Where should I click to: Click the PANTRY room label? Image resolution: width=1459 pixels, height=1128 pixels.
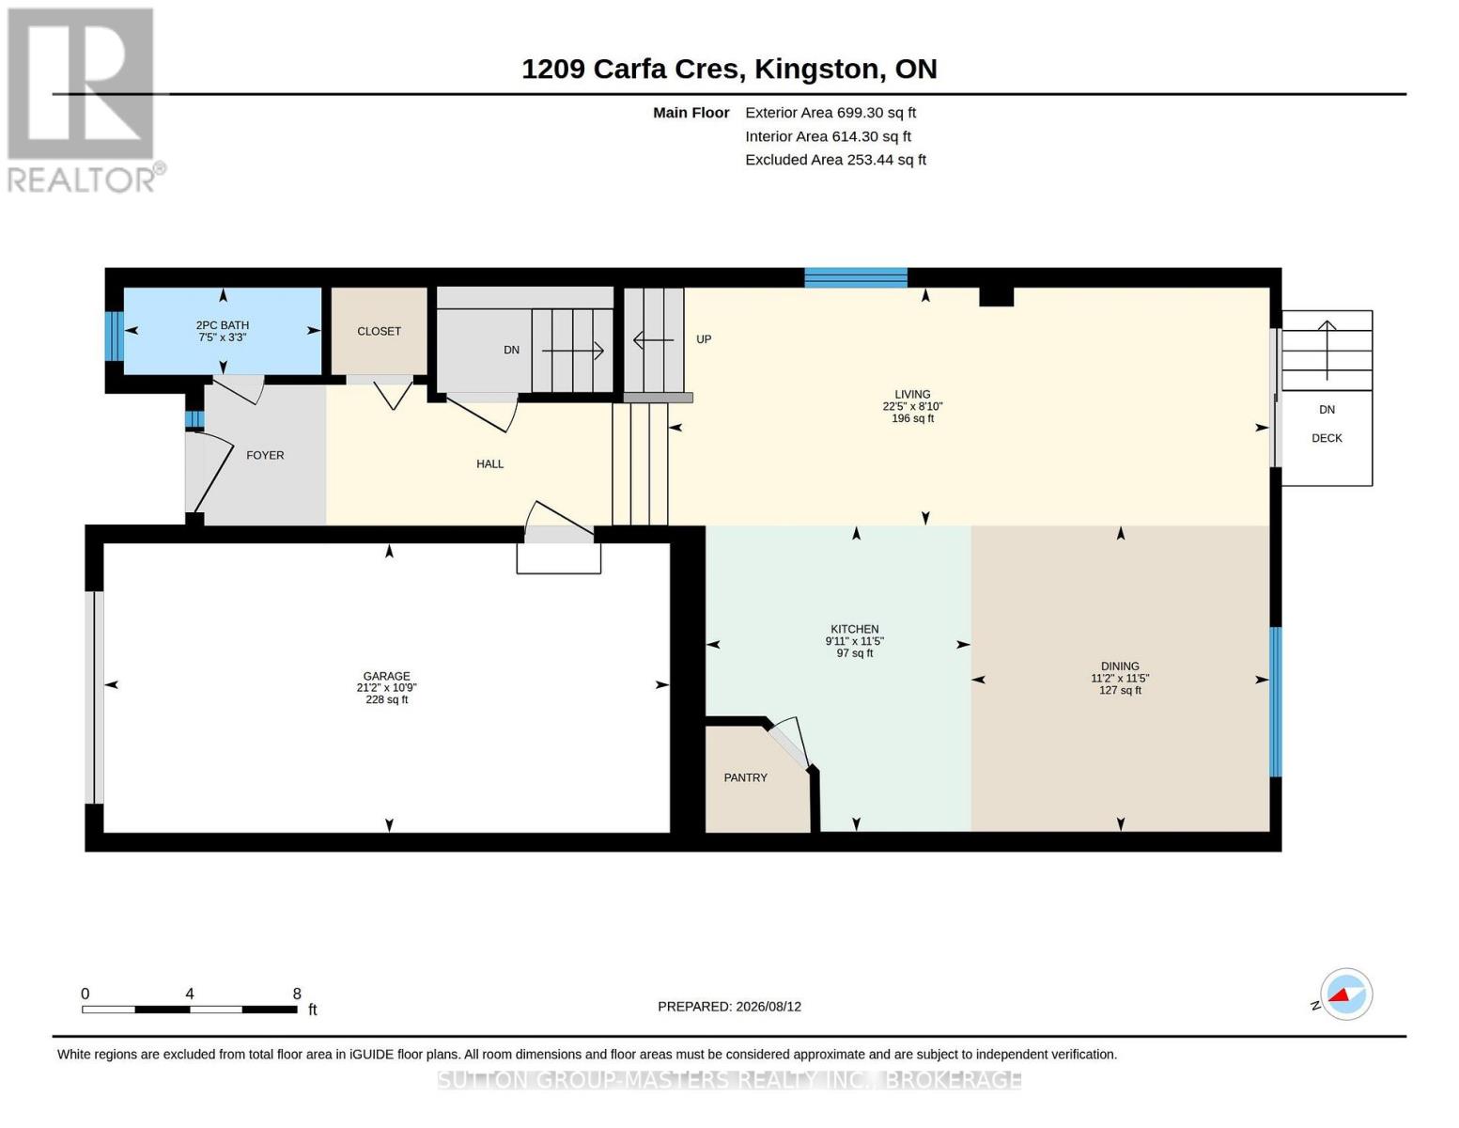(x=745, y=777)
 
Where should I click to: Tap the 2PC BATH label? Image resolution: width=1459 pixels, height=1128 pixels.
(x=223, y=325)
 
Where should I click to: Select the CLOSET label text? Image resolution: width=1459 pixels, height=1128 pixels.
(x=379, y=331)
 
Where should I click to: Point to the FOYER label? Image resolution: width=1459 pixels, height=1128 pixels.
(x=265, y=455)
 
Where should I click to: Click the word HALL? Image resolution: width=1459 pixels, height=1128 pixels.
(x=489, y=463)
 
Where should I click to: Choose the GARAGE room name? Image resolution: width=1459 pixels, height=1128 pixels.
(x=386, y=676)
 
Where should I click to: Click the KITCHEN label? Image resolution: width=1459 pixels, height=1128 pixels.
(x=854, y=629)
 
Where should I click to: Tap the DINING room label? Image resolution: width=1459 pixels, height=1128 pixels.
(x=1119, y=666)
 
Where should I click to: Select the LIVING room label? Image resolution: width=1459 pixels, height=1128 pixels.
(x=912, y=395)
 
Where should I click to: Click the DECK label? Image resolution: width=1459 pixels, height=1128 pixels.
(x=1326, y=438)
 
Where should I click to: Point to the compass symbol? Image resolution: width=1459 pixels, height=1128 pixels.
(x=1345, y=995)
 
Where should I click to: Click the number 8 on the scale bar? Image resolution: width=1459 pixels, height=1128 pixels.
(x=297, y=994)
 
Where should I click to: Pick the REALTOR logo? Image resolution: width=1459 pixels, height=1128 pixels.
(x=84, y=101)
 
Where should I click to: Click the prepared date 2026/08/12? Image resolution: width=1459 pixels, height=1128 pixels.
(x=768, y=1007)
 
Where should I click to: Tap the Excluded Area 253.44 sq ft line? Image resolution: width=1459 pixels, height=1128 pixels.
(x=835, y=160)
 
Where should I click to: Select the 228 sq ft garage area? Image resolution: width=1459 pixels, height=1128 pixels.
(x=386, y=699)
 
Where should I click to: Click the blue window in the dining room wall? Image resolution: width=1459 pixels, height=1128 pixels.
(x=1276, y=702)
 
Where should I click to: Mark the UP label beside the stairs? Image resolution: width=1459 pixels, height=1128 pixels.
(x=703, y=339)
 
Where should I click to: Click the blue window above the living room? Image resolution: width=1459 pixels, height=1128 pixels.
(x=856, y=277)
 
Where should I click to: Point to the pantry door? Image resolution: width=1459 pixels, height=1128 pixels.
(x=789, y=743)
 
